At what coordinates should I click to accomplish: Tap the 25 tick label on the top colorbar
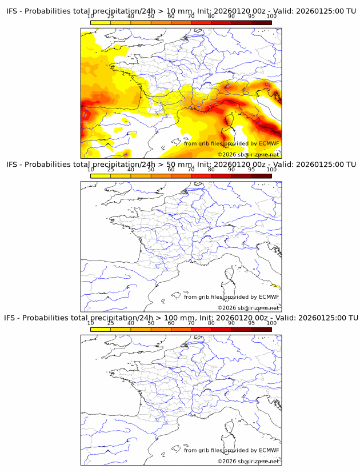tap(110, 17)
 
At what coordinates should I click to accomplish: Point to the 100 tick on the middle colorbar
tap(271, 170)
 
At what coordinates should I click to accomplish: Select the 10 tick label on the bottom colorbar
tap(90, 323)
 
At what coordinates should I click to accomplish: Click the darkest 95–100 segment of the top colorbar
tap(261, 22)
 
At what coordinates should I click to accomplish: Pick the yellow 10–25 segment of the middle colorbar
tap(100, 175)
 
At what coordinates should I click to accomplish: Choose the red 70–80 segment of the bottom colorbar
tap(201, 328)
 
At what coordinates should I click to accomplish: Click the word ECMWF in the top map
tap(269, 143)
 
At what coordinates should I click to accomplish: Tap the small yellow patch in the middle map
tap(277, 286)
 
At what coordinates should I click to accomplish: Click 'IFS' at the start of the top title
tap(12, 11)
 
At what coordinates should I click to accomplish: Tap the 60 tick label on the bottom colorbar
tap(171, 323)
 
